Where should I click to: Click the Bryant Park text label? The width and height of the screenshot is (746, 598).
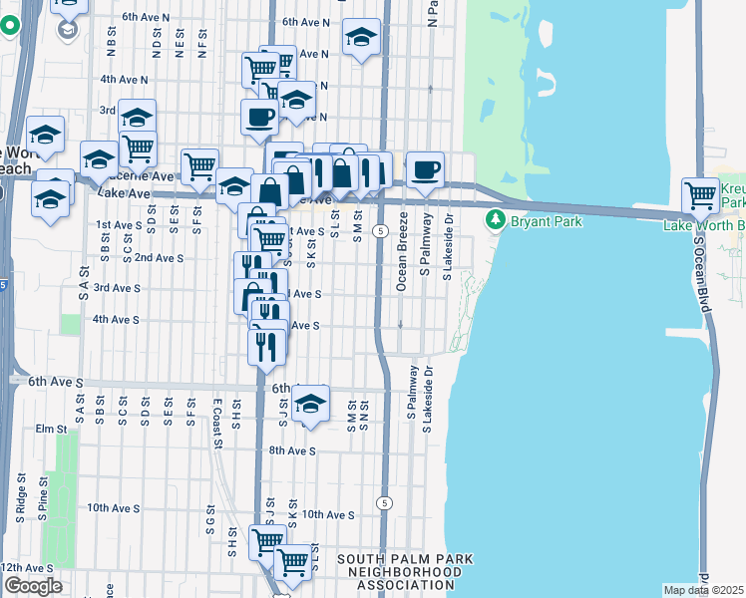[x=546, y=221]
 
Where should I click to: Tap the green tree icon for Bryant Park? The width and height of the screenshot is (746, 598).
[x=494, y=220]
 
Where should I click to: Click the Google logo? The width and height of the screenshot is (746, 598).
[x=32, y=586]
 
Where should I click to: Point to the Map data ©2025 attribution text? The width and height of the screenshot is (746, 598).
[x=703, y=590]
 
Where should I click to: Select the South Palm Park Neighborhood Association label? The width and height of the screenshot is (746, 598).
[x=405, y=572]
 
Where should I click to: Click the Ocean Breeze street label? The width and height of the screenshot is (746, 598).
[x=402, y=263]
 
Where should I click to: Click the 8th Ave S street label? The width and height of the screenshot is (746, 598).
[x=292, y=450]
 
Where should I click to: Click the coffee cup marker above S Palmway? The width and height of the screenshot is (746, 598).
[x=425, y=168]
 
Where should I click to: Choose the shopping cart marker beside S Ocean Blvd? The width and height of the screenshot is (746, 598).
[x=701, y=193]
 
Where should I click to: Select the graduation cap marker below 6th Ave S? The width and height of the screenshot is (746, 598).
[x=311, y=403]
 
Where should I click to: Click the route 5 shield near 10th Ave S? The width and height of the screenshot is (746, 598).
[x=384, y=503]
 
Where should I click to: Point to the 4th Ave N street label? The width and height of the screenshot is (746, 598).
[x=124, y=80]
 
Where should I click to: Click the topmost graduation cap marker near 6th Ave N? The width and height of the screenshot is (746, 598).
[x=361, y=37]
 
